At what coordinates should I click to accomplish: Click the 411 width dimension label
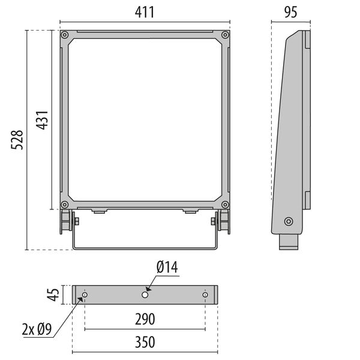pos(145,12)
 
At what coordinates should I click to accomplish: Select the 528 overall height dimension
pos(18,140)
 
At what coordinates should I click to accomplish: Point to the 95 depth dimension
pos(292,13)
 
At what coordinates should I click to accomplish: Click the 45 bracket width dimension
pos(53,295)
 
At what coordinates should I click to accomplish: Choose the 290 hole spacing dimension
pos(145,318)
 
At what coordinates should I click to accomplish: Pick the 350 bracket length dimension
pos(145,343)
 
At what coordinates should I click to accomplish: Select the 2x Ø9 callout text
pos(37,329)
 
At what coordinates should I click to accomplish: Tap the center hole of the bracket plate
pos(145,295)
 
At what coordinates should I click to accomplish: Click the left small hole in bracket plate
pos(85,295)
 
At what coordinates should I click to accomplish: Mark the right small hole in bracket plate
pos(205,295)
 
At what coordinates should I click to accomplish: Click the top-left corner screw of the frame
pos(64,35)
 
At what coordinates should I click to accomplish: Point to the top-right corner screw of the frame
pos(224,35)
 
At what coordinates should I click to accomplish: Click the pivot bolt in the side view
pos(289,221)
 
